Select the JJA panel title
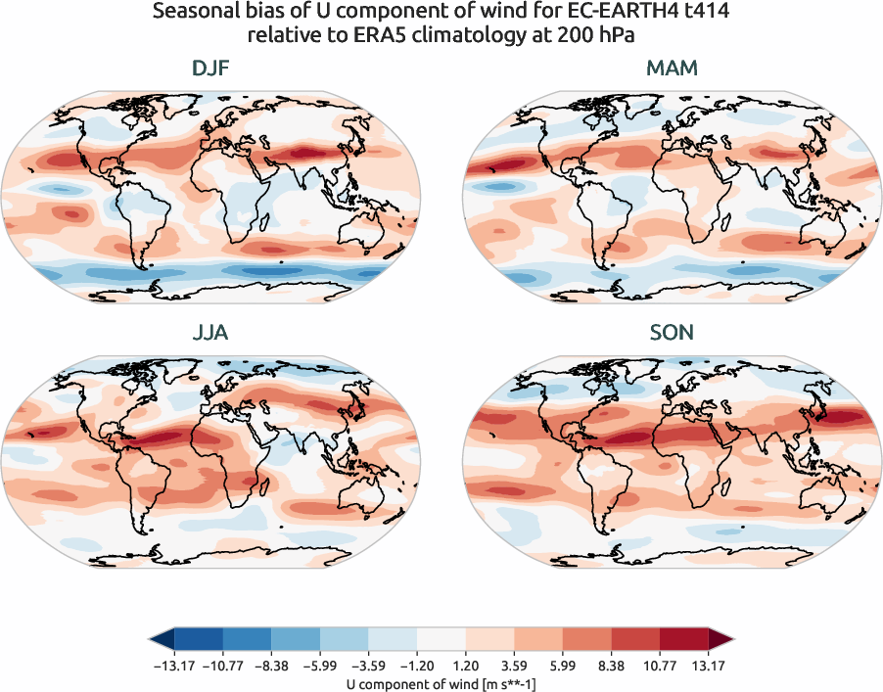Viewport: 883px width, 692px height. pyautogui.click(x=211, y=333)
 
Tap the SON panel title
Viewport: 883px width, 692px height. pyautogui.click(x=672, y=333)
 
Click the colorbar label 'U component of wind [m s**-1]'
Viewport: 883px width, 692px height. pyautogui.click(x=441, y=684)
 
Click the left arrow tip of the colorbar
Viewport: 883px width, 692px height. pyautogui.click(x=153, y=640)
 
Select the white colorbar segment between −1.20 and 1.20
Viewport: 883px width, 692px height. pyautogui.click(x=441, y=640)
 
